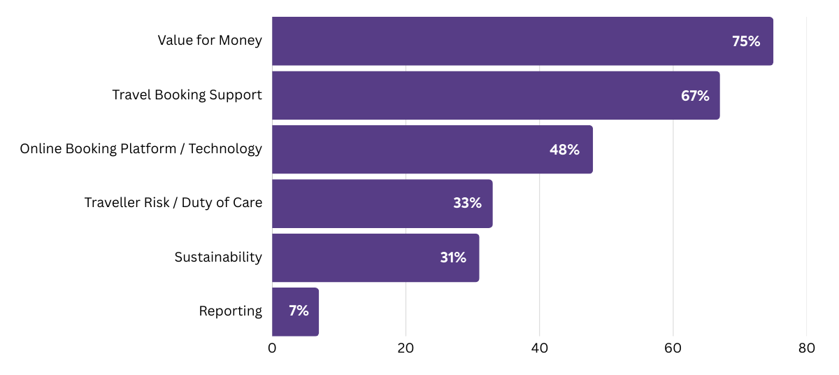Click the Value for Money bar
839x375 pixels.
489,41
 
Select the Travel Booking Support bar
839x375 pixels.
461,95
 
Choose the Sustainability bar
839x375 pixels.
350,257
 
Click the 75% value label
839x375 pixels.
746,41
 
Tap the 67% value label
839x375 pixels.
695,96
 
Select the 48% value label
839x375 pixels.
564,150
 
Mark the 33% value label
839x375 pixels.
467,204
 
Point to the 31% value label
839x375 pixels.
453,257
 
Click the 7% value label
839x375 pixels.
299,311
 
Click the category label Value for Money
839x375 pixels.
210,41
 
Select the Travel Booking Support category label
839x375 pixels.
187,94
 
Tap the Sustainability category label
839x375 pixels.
218,257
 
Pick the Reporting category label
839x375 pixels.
231,311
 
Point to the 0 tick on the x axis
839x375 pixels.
272,348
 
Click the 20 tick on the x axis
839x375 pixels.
406,348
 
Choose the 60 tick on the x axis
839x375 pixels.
673,348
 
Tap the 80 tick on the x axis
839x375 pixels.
806,348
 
